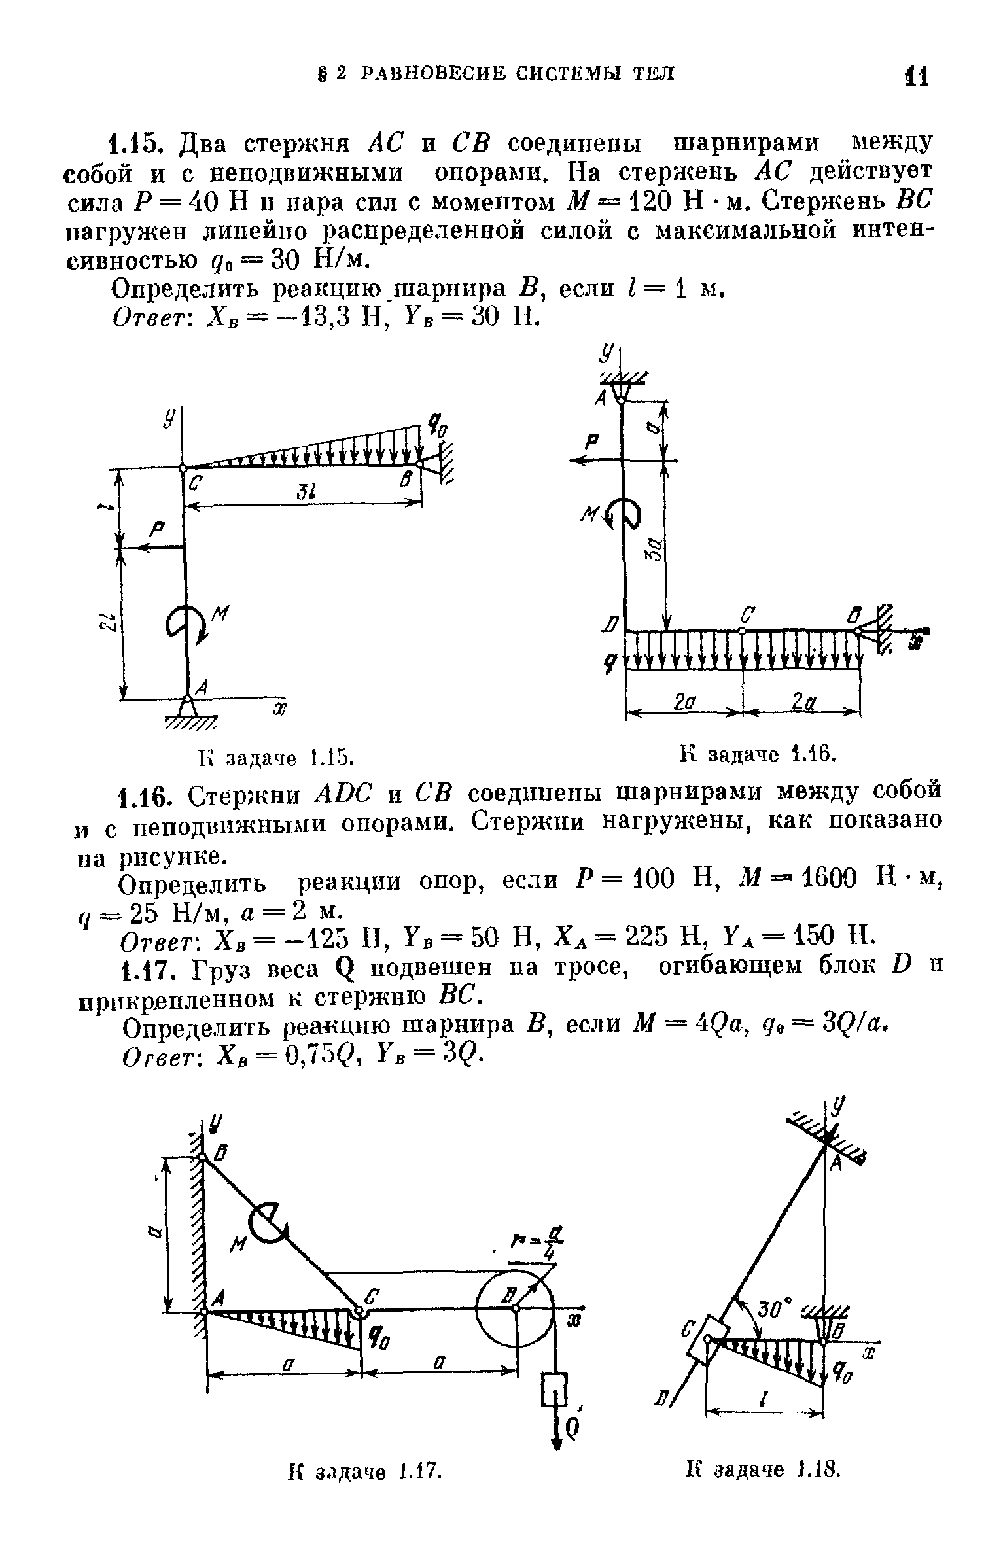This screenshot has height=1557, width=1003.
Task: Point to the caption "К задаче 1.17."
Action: (366, 1522)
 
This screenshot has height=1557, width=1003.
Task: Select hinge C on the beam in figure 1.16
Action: (743, 631)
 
